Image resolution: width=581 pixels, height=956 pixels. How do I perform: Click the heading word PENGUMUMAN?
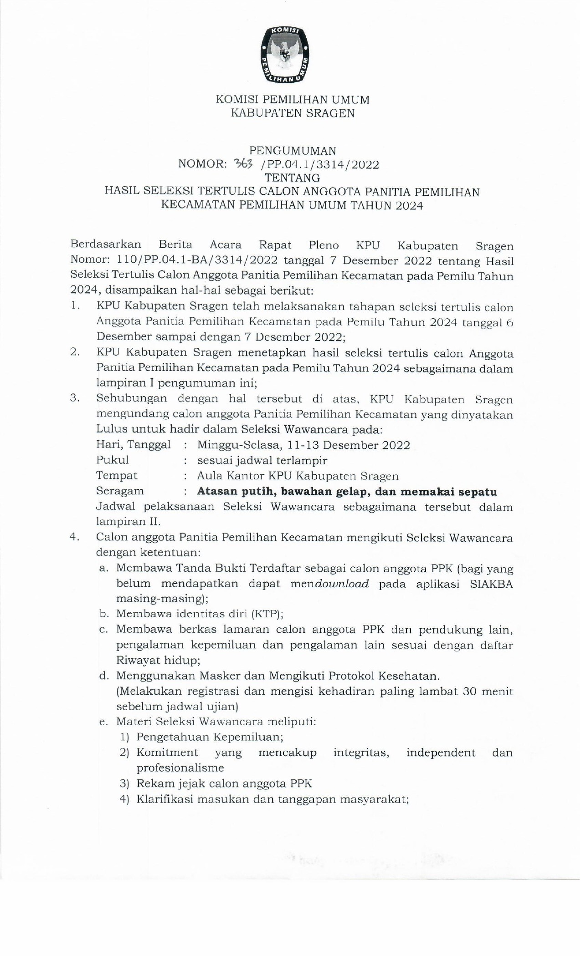[x=292, y=151]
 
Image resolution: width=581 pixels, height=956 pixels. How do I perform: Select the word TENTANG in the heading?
[x=292, y=178]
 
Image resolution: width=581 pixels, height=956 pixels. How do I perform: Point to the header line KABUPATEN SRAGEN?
[x=292, y=113]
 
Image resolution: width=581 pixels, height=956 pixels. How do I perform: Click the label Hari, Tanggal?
[x=133, y=445]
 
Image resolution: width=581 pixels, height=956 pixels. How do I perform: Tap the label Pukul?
[x=112, y=460]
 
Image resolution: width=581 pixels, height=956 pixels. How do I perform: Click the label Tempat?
[x=116, y=476]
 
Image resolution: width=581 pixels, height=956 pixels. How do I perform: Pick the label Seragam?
[x=120, y=491]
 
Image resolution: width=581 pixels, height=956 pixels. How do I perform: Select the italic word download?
[x=341, y=584]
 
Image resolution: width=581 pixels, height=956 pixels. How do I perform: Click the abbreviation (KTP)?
[x=267, y=614]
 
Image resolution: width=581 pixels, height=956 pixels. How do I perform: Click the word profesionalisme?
[x=180, y=768]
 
